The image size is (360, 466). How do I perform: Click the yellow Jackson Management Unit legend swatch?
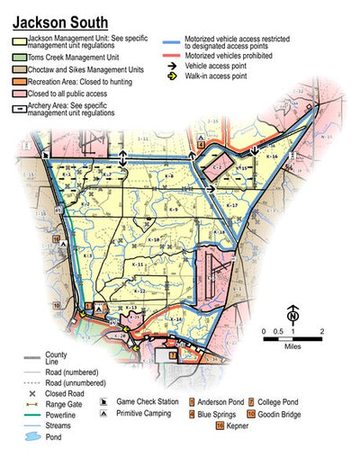pos(19,40)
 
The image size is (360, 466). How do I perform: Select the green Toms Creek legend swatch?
pos(19,56)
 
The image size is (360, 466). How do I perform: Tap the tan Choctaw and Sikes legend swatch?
pos(19,67)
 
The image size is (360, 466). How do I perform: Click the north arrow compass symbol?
pos(292,315)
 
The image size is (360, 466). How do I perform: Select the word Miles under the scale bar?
pos(292,345)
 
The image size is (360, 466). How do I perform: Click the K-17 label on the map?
pos(231,206)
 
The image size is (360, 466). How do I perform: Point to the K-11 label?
pos(139,264)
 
